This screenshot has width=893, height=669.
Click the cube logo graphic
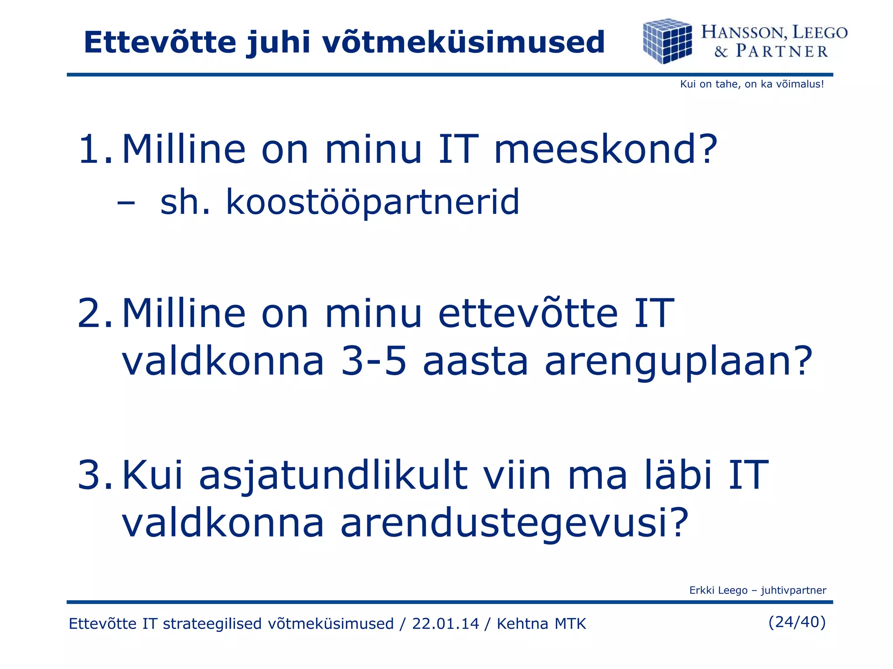point(667,41)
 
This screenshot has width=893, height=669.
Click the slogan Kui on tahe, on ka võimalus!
point(752,84)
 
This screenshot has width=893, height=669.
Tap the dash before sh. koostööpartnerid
point(126,203)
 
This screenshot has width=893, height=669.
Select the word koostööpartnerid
point(372,203)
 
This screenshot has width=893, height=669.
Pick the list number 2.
point(95,313)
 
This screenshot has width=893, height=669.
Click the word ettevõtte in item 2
point(528,313)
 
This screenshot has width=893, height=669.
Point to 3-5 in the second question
point(374,361)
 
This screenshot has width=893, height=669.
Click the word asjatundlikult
point(333,476)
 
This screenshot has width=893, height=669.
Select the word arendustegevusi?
point(515,524)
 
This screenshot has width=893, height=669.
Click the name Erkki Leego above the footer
point(718,590)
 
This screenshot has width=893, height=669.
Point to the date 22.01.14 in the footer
point(445,624)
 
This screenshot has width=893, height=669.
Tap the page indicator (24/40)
point(797,622)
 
